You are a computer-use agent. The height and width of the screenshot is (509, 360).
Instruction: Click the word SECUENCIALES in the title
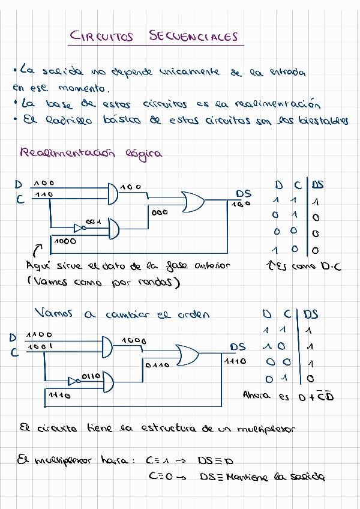(x=193, y=36)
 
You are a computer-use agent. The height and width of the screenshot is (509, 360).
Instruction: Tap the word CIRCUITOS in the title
(x=102, y=37)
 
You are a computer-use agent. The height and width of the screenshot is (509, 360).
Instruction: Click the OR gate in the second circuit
(x=187, y=355)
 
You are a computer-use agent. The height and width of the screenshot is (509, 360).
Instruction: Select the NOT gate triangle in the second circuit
(x=73, y=381)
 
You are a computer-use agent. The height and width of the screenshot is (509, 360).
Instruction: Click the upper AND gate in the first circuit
(x=112, y=193)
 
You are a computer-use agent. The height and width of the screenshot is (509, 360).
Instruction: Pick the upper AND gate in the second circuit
(x=107, y=346)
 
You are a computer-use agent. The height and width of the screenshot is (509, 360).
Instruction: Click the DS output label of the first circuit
(x=243, y=194)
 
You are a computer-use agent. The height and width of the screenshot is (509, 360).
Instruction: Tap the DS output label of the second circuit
(x=238, y=347)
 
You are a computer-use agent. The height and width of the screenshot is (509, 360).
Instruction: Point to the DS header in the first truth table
(x=317, y=185)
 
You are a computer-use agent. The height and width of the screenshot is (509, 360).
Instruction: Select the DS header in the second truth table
(x=311, y=314)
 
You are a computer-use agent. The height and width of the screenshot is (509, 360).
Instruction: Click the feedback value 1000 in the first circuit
(x=65, y=241)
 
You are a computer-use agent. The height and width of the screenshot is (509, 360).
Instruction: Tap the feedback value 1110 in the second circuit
(x=59, y=396)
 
